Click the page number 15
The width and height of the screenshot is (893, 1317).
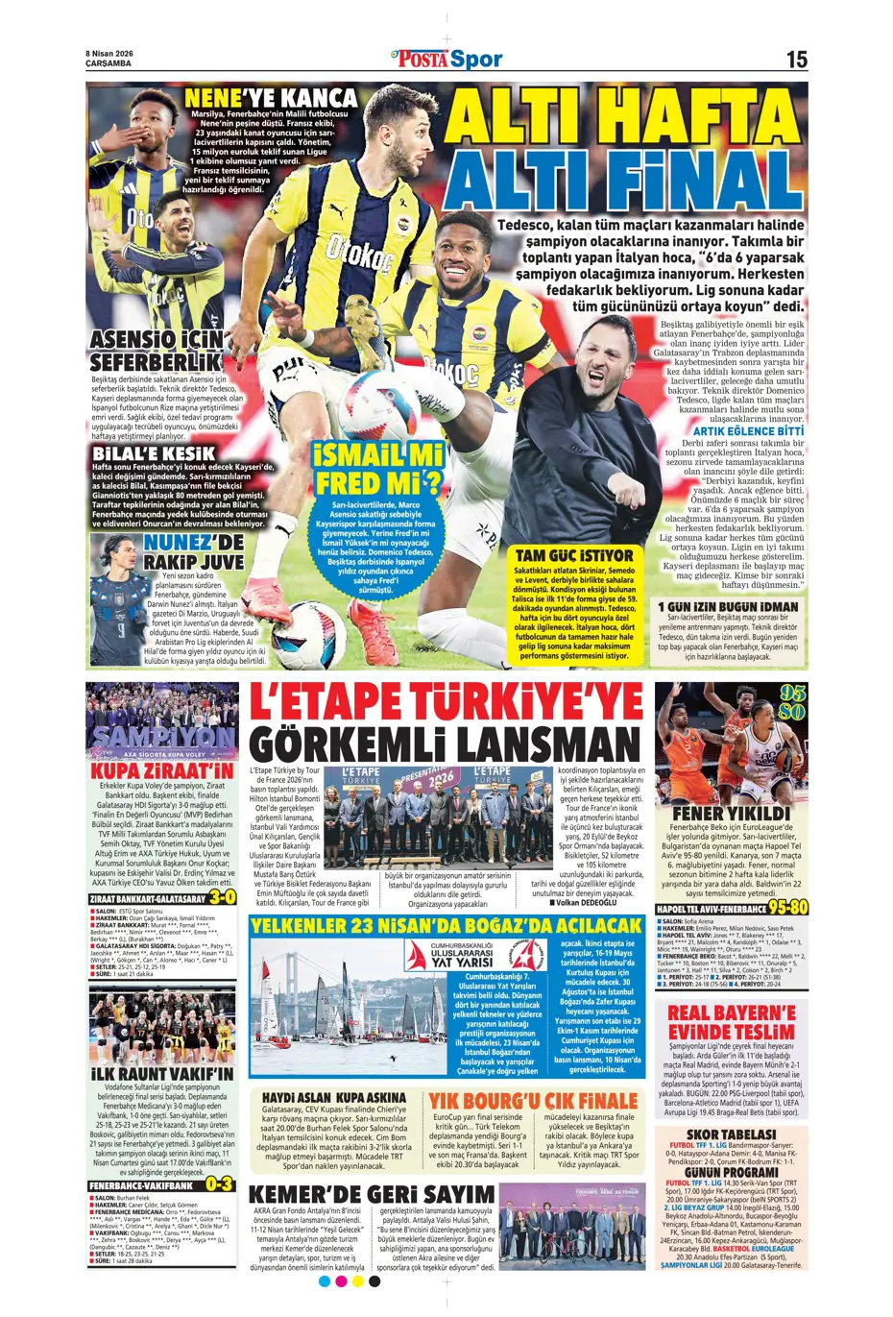coord(796,60)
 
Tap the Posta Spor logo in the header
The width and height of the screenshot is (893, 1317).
coord(447,60)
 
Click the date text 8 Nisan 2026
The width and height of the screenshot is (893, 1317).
coord(109,54)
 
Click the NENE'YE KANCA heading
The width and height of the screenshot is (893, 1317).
coord(270,98)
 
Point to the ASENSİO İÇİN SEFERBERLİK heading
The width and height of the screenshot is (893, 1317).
coord(157,351)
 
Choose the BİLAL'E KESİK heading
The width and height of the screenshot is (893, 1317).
coord(153,452)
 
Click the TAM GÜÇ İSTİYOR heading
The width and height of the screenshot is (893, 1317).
coord(574,555)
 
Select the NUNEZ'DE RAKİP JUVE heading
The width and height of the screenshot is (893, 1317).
coord(194,551)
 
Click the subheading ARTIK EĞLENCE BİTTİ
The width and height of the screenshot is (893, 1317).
coord(749,431)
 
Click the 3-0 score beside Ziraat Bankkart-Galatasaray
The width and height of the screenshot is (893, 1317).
coord(222,897)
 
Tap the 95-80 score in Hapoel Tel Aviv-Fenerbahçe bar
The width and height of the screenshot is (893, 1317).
coord(787,907)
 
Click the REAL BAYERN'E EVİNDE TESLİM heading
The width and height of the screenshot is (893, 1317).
coord(732,1022)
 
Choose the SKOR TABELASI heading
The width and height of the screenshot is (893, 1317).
coord(732,1134)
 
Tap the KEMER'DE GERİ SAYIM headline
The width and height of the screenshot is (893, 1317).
coord(372,1194)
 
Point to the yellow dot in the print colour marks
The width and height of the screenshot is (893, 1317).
coord(358,1280)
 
